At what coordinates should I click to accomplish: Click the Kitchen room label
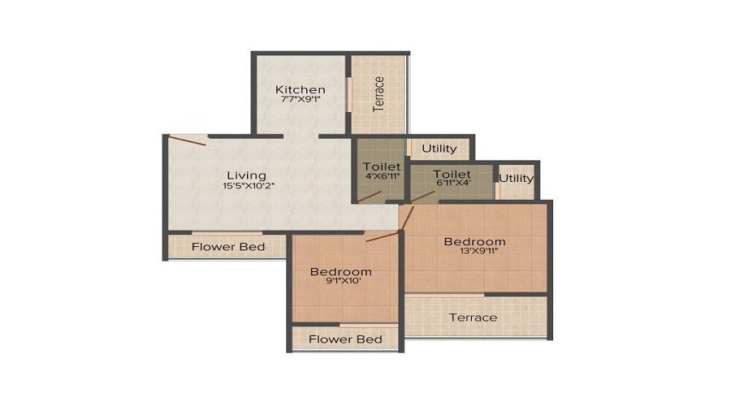(x=300, y=89)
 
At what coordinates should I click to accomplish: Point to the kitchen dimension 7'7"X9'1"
(x=300, y=101)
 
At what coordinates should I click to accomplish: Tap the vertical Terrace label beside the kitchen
(x=378, y=93)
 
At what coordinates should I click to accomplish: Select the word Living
(x=245, y=175)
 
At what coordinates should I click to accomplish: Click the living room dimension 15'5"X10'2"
(x=245, y=187)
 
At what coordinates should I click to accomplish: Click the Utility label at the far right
(x=517, y=179)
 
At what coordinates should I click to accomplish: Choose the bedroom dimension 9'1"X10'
(x=341, y=283)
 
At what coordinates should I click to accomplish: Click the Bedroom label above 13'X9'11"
(x=474, y=241)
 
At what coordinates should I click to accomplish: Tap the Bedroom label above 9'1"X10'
(x=341, y=271)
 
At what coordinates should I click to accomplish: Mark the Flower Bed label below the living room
(x=227, y=247)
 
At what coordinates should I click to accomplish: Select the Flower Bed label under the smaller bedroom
(x=345, y=339)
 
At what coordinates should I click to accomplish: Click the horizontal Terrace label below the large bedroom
(x=474, y=317)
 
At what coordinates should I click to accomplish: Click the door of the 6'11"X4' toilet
(x=422, y=197)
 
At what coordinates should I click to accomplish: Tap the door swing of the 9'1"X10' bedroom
(x=383, y=236)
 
